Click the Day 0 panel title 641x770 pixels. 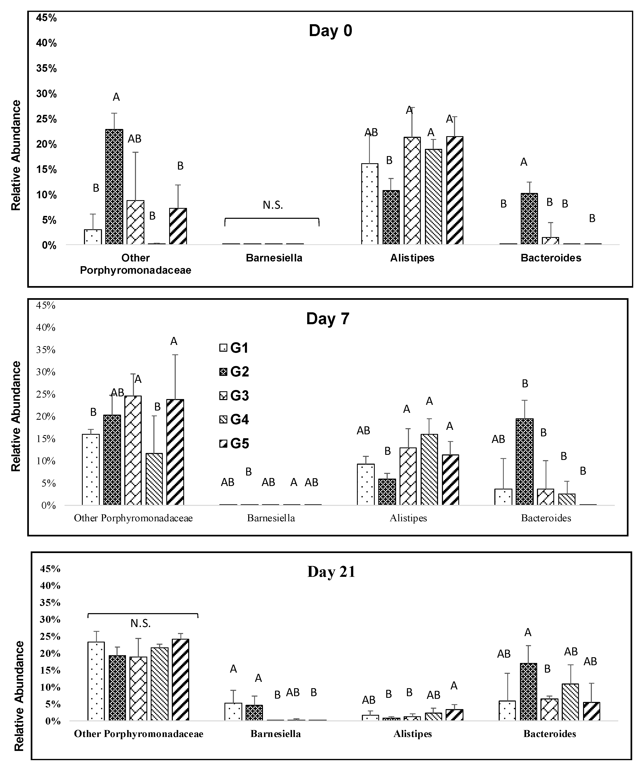click(330, 30)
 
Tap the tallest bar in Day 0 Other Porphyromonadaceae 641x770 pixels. click(114, 187)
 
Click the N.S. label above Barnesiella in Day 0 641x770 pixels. click(273, 205)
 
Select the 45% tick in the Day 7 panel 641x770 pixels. click(46, 305)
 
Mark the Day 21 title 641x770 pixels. click(331, 572)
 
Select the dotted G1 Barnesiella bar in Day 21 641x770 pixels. click(233, 711)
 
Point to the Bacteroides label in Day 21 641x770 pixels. click(549, 734)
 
